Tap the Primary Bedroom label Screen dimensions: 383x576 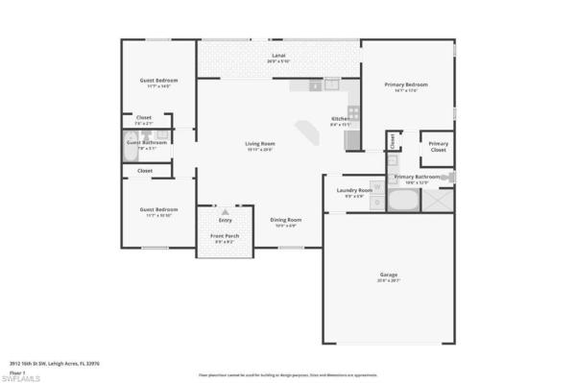click(x=406, y=84)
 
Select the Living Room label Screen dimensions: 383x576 click(x=260, y=144)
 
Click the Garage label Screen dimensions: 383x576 click(x=388, y=275)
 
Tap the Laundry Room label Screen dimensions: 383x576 click(x=353, y=190)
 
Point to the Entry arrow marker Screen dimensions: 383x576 click(x=226, y=212)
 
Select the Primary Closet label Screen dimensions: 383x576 click(x=438, y=149)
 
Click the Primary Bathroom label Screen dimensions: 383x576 click(x=417, y=177)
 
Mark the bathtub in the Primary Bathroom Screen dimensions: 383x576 click(x=403, y=202)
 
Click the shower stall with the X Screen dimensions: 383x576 click(x=438, y=202)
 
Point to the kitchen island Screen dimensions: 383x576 click(x=309, y=131)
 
